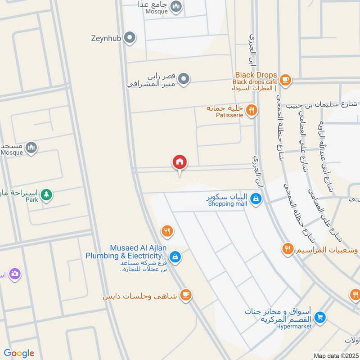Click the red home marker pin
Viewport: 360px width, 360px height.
coord(180,162)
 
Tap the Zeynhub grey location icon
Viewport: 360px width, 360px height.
coord(130,38)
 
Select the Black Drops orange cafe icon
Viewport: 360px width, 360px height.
coord(284,79)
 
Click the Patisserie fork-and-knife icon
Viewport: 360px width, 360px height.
coord(252,109)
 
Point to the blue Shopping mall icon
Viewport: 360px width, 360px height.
coord(256,198)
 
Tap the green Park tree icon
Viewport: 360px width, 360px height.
coord(46,195)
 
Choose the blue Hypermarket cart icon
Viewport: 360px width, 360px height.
coord(320,317)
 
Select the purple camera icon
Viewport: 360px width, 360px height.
coord(15,273)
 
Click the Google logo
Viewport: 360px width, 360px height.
coord(19,353)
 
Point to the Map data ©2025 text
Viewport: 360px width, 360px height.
coord(336,356)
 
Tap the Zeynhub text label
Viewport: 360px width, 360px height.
coord(106,38)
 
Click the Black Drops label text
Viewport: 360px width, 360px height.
coord(256,75)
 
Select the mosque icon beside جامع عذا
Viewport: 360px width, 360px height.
coord(176,6)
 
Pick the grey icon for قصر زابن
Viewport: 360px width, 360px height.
coord(183,80)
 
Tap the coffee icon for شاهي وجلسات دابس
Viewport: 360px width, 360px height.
coord(185,295)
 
